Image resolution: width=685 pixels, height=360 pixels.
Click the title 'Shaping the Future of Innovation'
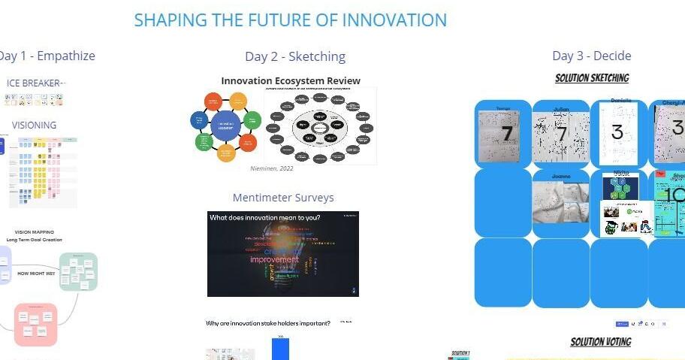(290, 20)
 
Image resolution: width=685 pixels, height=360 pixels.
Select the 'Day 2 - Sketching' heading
(295, 56)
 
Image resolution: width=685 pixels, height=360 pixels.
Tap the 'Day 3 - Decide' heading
(591, 56)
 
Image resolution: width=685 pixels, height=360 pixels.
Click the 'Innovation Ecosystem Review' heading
(291, 80)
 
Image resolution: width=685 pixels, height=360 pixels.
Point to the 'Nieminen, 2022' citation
(271, 168)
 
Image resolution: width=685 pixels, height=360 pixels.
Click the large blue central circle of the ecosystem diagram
(225, 126)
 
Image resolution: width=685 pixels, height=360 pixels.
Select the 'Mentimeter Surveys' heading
(283, 198)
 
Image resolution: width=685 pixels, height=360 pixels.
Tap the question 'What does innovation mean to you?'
(265, 218)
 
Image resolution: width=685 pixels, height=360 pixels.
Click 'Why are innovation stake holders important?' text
(268, 323)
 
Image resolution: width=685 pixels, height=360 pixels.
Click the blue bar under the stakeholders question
(280, 349)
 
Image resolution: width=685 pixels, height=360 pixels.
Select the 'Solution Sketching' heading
(592, 78)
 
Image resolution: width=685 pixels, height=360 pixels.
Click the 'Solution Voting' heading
(600, 342)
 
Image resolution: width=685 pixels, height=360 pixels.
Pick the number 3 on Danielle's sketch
(617, 133)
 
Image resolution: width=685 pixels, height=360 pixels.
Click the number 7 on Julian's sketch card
(561, 135)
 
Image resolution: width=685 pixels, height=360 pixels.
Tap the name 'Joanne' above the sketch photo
(560, 176)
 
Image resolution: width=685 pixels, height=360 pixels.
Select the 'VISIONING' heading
(34, 125)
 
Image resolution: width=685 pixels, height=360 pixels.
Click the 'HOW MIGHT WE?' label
(36, 274)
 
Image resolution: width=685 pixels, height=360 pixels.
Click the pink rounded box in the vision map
(35, 324)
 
